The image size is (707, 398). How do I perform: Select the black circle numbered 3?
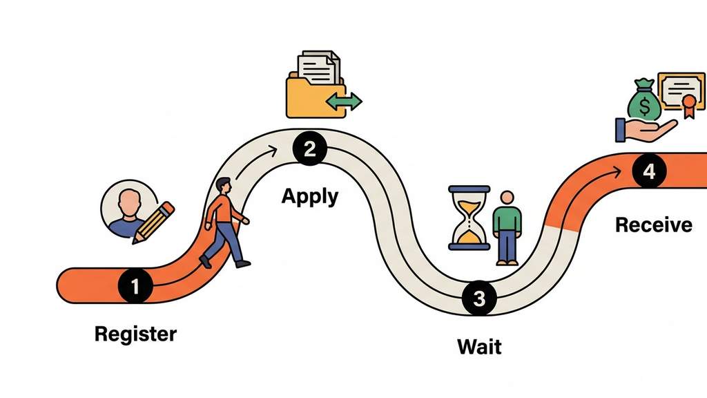tap(480, 298)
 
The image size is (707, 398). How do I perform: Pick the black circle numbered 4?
tap(648, 172)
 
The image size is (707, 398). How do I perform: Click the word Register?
tap(135, 334)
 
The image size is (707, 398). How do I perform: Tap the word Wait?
tap(479, 345)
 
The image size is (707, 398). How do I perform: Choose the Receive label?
tap(653, 225)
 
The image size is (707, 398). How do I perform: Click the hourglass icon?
tap(469, 217)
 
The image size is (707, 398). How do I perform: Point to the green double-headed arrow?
tap(344, 102)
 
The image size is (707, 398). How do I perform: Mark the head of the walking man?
tap(222, 186)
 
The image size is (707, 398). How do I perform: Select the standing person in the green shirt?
tap(507, 227)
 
